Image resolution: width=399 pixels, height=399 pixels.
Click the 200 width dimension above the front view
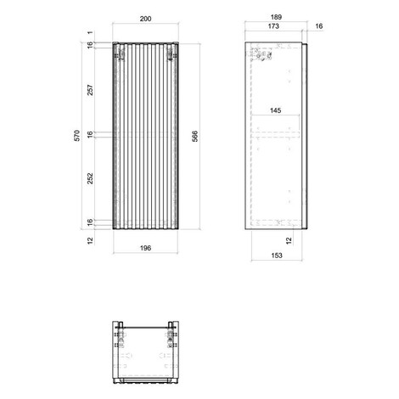pos(145,19)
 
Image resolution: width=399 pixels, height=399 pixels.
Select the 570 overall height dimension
pos(77,136)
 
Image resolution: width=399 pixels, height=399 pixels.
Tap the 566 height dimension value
pos(195,136)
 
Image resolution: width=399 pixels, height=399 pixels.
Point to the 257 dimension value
pos(90,90)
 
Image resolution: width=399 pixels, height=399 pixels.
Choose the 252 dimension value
pos(90,178)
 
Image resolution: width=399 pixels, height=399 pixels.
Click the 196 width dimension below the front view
pos(145,248)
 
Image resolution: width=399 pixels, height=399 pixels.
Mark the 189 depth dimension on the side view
pos(276,17)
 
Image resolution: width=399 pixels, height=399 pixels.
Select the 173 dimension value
pos(273,26)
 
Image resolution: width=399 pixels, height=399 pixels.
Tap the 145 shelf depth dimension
pos(275,110)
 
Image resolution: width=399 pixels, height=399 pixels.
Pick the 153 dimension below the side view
pos(277,256)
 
